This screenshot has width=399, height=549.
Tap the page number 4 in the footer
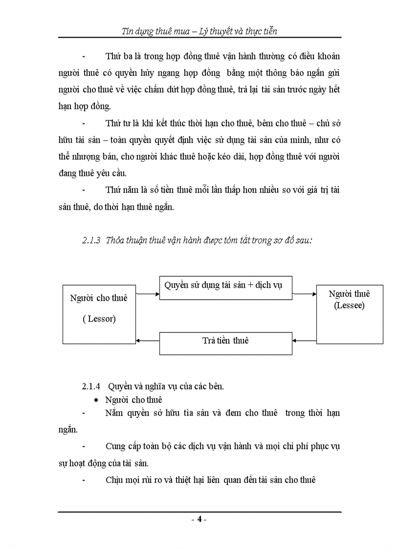pyautogui.click(x=199, y=519)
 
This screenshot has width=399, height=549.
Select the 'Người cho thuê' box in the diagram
pyautogui.click(x=99, y=314)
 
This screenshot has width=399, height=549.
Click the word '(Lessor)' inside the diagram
pyautogui.click(x=99, y=319)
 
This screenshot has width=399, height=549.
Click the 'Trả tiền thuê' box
pyautogui.click(x=225, y=341)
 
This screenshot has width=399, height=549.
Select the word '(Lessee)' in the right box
pyautogui.click(x=349, y=306)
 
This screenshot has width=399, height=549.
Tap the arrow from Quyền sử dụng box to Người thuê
pyautogui.click(x=304, y=294)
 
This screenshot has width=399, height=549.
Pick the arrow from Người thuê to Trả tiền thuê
pyautogui.click(x=304, y=340)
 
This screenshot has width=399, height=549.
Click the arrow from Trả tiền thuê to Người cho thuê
pyautogui.click(x=148, y=340)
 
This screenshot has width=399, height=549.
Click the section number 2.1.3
pyautogui.click(x=91, y=241)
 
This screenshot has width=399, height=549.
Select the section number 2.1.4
pyautogui.click(x=91, y=386)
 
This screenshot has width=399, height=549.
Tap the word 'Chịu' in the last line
pyautogui.click(x=114, y=480)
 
